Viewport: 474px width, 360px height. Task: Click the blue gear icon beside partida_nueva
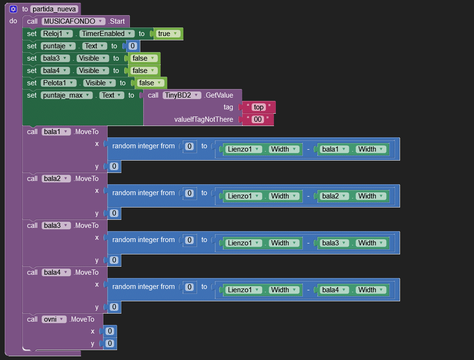click(x=13, y=9)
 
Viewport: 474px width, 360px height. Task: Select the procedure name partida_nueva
click(x=54, y=9)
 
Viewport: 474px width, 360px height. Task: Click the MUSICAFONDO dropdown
click(x=73, y=21)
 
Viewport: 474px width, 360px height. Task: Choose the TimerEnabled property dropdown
click(x=106, y=34)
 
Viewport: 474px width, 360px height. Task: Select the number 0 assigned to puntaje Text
click(x=133, y=46)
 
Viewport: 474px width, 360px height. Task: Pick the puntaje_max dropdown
click(x=66, y=95)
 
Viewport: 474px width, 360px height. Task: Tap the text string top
click(x=258, y=107)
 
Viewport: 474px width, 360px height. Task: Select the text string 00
click(x=258, y=119)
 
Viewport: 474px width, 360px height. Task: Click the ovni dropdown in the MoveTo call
click(x=54, y=319)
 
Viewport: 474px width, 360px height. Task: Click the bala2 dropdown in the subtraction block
click(x=335, y=196)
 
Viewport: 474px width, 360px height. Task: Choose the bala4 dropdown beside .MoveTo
click(x=56, y=272)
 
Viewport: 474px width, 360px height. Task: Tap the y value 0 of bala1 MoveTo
click(x=114, y=166)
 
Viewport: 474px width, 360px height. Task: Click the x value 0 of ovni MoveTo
click(x=109, y=331)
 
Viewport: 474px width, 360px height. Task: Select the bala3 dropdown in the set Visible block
click(x=55, y=58)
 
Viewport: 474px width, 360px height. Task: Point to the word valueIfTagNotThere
click(x=204, y=119)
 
